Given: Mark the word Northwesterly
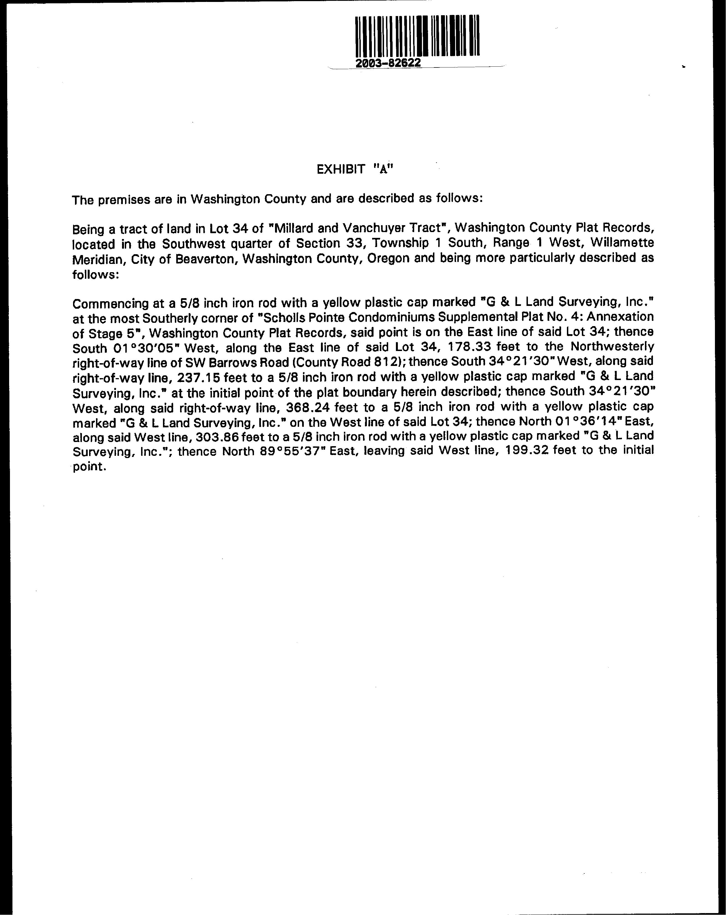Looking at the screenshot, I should point(612,347).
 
